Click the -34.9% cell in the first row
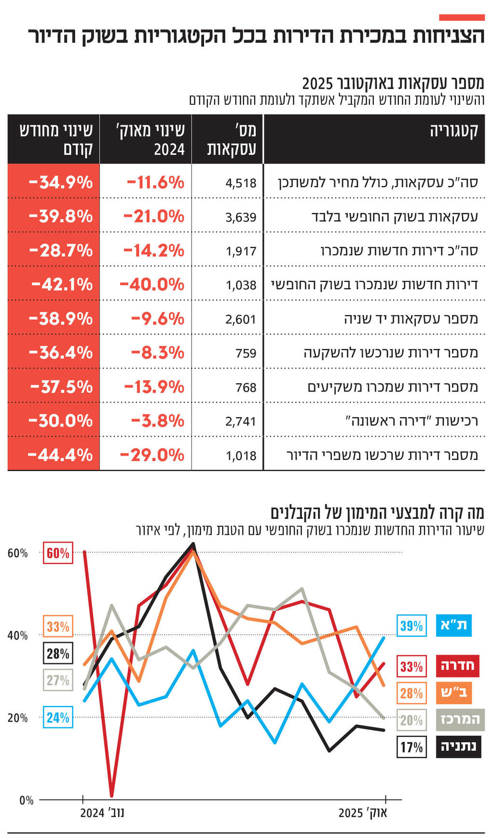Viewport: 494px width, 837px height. (60, 182)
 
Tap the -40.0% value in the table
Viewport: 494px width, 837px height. (152, 284)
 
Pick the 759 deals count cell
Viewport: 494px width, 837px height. (246, 353)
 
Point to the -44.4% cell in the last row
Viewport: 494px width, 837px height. (60, 455)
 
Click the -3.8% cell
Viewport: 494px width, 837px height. (157, 421)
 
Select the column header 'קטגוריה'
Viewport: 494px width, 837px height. (453, 131)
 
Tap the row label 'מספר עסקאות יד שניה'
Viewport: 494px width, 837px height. (411, 319)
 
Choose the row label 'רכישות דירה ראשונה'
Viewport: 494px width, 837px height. (412, 421)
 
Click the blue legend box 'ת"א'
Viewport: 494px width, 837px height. (453, 626)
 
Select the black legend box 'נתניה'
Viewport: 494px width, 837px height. (458, 747)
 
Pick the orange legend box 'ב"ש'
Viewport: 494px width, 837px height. (453, 693)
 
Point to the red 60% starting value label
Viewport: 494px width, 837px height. (58, 553)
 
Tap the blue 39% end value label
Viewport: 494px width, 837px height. (411, 626)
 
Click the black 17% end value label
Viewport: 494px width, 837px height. (411, 747)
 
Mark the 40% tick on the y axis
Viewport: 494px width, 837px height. (17, 636)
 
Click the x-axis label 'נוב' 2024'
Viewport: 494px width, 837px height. (102, 813)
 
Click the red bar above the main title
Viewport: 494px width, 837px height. (462, 17)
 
